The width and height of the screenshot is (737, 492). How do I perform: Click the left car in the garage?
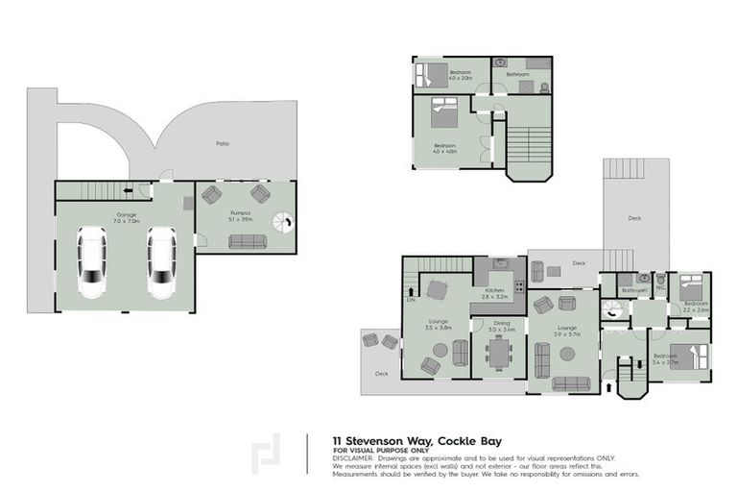click(91, 263)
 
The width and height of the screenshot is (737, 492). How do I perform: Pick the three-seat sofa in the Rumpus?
click(245, 243)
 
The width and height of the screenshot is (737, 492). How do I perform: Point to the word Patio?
click(223, 144)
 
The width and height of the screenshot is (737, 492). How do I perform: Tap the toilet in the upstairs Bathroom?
click(544, 87)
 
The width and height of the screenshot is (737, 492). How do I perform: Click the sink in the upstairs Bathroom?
click(501, 63)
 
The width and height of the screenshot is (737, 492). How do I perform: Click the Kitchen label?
click(495, 289)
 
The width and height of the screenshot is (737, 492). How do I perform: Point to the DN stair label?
click(411, 299)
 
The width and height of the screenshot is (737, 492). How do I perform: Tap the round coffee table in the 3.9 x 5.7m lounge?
click(567, 353)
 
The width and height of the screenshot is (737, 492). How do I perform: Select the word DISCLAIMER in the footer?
click(351, 459)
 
